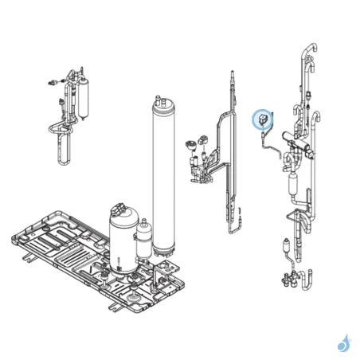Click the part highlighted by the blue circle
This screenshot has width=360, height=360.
tap(262, 120)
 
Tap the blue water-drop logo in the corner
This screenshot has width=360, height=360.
tap(343, 343)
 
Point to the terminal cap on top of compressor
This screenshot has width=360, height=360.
tap(121, 208)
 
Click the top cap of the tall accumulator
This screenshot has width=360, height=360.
tap(162, 103)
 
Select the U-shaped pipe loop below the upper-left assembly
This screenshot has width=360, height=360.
tap(63, 147)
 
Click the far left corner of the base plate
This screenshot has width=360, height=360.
tap(10, 236)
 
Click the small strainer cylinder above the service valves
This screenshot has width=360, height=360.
tap(284, 248)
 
